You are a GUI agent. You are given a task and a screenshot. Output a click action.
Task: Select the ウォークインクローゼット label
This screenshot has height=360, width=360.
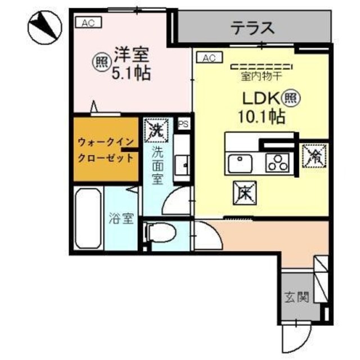pos(105,150)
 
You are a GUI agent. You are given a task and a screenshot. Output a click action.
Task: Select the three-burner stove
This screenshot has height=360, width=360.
pos(277,163)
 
